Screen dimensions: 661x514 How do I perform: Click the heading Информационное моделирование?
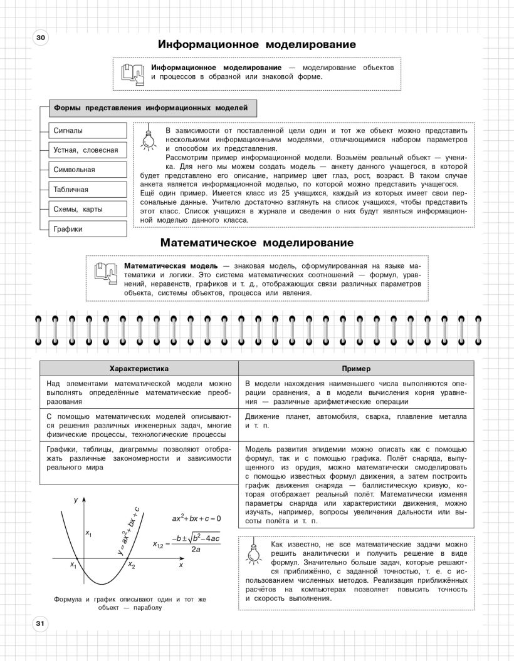point(257,44)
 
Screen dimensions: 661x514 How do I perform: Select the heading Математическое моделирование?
point(257,242)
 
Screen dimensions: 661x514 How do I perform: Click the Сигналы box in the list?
point(87,131)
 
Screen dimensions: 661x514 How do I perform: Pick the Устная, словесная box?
point(87,150)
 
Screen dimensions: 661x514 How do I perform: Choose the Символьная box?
point(87,170)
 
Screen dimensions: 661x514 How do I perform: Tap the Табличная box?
point(87,189)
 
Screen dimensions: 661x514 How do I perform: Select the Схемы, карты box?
point(87,209)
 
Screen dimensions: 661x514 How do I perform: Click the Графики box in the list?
point(87,229)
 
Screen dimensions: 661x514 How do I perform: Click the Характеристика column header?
point(139,369)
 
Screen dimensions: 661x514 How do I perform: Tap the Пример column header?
point(356,369)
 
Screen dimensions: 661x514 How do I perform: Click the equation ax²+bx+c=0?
point(197,518)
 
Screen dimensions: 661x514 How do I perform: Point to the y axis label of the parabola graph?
point(75,500)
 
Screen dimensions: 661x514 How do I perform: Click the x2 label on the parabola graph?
point(131,565)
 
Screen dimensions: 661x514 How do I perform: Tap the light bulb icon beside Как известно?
point(254,551)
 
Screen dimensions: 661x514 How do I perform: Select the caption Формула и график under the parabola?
point(130,603)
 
